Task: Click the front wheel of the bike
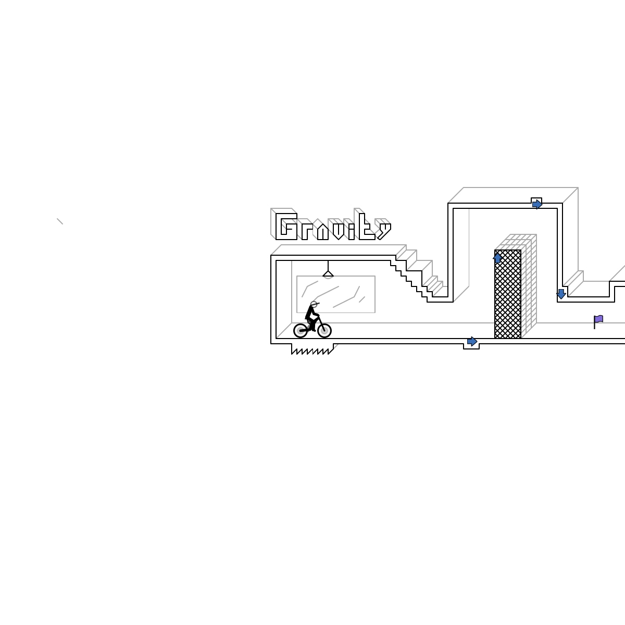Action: [x=324, y=331]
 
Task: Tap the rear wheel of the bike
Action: [x=301, y=331]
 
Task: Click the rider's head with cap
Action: [x=314, y=304]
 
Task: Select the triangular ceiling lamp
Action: [x=328, y=273]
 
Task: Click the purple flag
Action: [x=598, y=319]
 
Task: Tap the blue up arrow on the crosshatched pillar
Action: [x=497, y=258]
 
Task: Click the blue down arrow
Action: [x=561, y=294]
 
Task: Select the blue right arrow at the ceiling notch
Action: [x=537, y=204]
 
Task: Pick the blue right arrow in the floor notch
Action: [x=472, y=342]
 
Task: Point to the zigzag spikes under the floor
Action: [x=311, y=351]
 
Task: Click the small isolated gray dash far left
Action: [x=60, y=221]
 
